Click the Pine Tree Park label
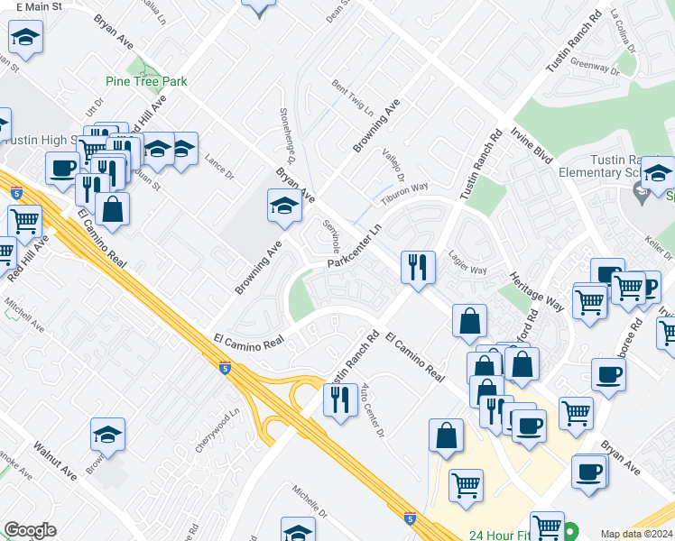pyautogui.click(x=146, y=81)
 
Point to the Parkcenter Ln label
pyautogui.click(x=355, y=246)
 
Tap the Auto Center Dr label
pyautogui.click(x=373, y=409)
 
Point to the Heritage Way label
pyautogui.click(x=536, y=291)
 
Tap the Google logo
pyautogui.click(x=30, y=530)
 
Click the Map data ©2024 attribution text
pyautogui.click(x=636, y=534)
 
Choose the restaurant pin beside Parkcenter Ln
pyautogui.click(x=417, y=268)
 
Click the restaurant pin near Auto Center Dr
pyautogui.click(x=340, y=399)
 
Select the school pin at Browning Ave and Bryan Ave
pyautogui.click(x=284, y=206)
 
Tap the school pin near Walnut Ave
pyautogui.click(x=107, y=436)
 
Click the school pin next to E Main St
pyautogui.click(x=25, y=38)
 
